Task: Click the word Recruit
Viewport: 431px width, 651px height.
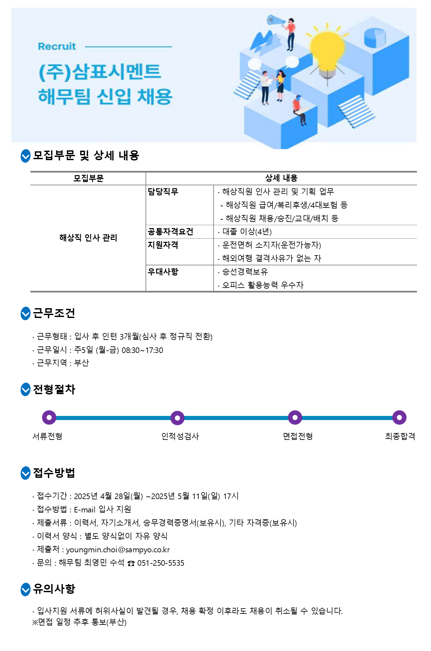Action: pyautogui.click(x=57, y=46)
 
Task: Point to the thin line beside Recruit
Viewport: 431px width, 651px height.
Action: pyautogui.click(x=128, y=47)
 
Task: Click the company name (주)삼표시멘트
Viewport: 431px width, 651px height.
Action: pyautogui.click(x=100, y=72)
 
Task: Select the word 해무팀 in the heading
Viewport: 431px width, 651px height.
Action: pyautogui.click(x=64, y=97)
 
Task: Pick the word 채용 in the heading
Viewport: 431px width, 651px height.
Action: pyautogui.click(x=155, y=97)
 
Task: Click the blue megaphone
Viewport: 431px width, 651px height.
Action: pyautogui.click(x=275, y=20)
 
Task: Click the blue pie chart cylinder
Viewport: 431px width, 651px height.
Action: pyautogui.click(x=375, y=38)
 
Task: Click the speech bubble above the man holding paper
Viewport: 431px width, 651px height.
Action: pyautogui.click(x=254, y=64)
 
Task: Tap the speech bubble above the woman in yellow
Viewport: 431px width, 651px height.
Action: pyautogui.click(x=292, y=62)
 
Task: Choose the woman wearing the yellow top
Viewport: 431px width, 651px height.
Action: pyautogui.click(x=280, y=86)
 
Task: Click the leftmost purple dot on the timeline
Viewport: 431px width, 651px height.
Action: pyautogui.click(x=49, y=417)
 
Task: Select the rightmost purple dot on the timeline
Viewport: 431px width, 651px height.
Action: pyautogui.click(x=399, y=417)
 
